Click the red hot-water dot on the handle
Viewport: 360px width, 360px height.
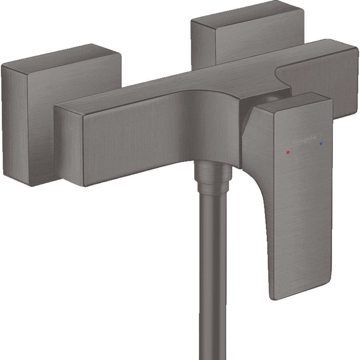tap(288, 152)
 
